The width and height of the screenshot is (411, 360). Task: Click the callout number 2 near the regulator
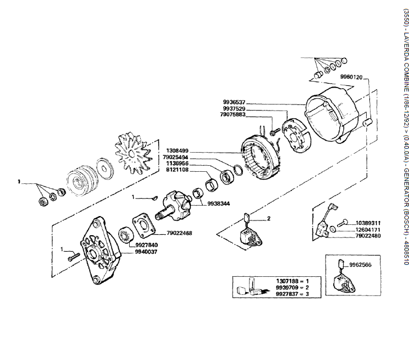(x=253, y=204)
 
